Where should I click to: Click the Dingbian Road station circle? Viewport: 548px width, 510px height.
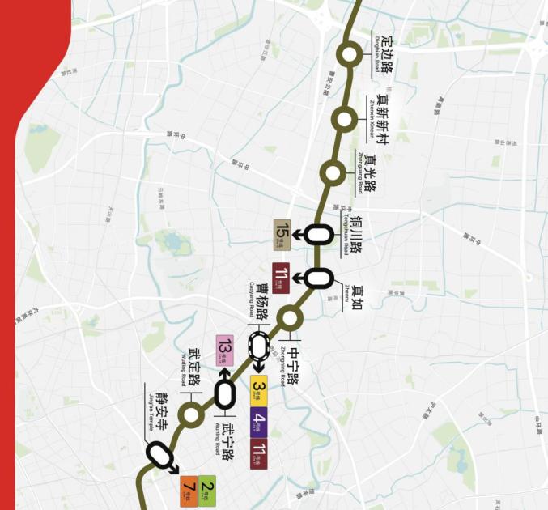350,55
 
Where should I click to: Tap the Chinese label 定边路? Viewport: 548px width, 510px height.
387,53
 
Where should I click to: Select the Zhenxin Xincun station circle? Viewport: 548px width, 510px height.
344,120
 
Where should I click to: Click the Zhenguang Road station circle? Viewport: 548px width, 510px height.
333,172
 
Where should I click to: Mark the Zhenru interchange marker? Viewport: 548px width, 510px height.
319,278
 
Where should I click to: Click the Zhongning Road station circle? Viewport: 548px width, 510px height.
291,317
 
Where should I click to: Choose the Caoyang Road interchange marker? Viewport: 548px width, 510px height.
258,346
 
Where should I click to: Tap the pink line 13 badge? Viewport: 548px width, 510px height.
224,350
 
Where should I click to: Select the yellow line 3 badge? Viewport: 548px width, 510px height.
259,393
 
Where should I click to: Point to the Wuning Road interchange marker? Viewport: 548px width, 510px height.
224,395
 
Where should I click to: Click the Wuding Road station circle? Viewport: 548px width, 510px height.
191,415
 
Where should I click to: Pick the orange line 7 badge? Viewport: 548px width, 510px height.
189,489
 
